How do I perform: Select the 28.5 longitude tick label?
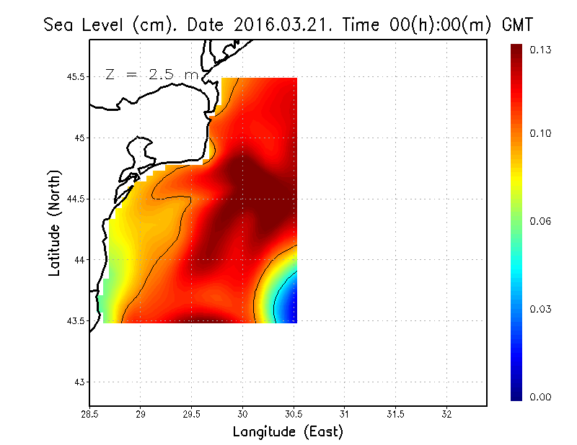89,415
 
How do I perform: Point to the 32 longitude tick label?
446,415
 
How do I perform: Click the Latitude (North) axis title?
55,223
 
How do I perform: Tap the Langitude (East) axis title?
287,432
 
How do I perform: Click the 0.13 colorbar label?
542,50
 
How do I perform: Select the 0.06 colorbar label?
542,221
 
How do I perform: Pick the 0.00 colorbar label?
542,397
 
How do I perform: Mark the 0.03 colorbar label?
542,309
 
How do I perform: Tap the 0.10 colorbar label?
542,133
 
